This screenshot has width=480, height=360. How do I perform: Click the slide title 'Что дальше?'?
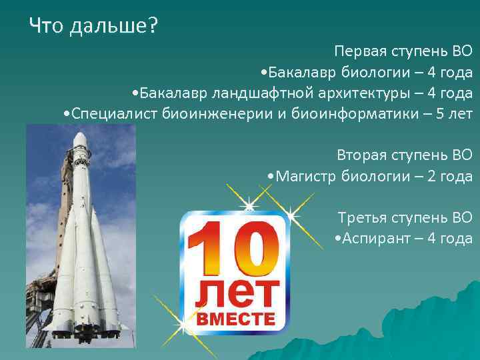pos(93,27)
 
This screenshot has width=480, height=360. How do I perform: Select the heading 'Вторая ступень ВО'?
pos(405,155)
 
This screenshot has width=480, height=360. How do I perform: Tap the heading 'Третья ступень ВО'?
pos(405,217)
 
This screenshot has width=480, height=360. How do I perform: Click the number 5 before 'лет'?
pos(439,113)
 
